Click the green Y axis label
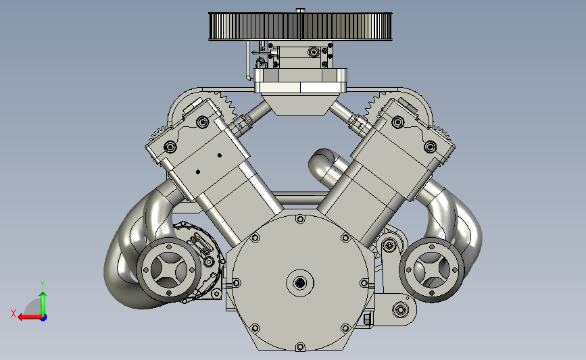coord(43,284)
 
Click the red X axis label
coord(14,313)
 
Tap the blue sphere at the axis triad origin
coord(43,318)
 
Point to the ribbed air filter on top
coord(300,26)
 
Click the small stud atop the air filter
coord(300,10)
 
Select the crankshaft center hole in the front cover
coord(299,283)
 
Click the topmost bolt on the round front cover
coord(300,220)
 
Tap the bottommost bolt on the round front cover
coord(300,348)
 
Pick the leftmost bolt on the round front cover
coord(236,283)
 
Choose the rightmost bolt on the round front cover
coord(364,283)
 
